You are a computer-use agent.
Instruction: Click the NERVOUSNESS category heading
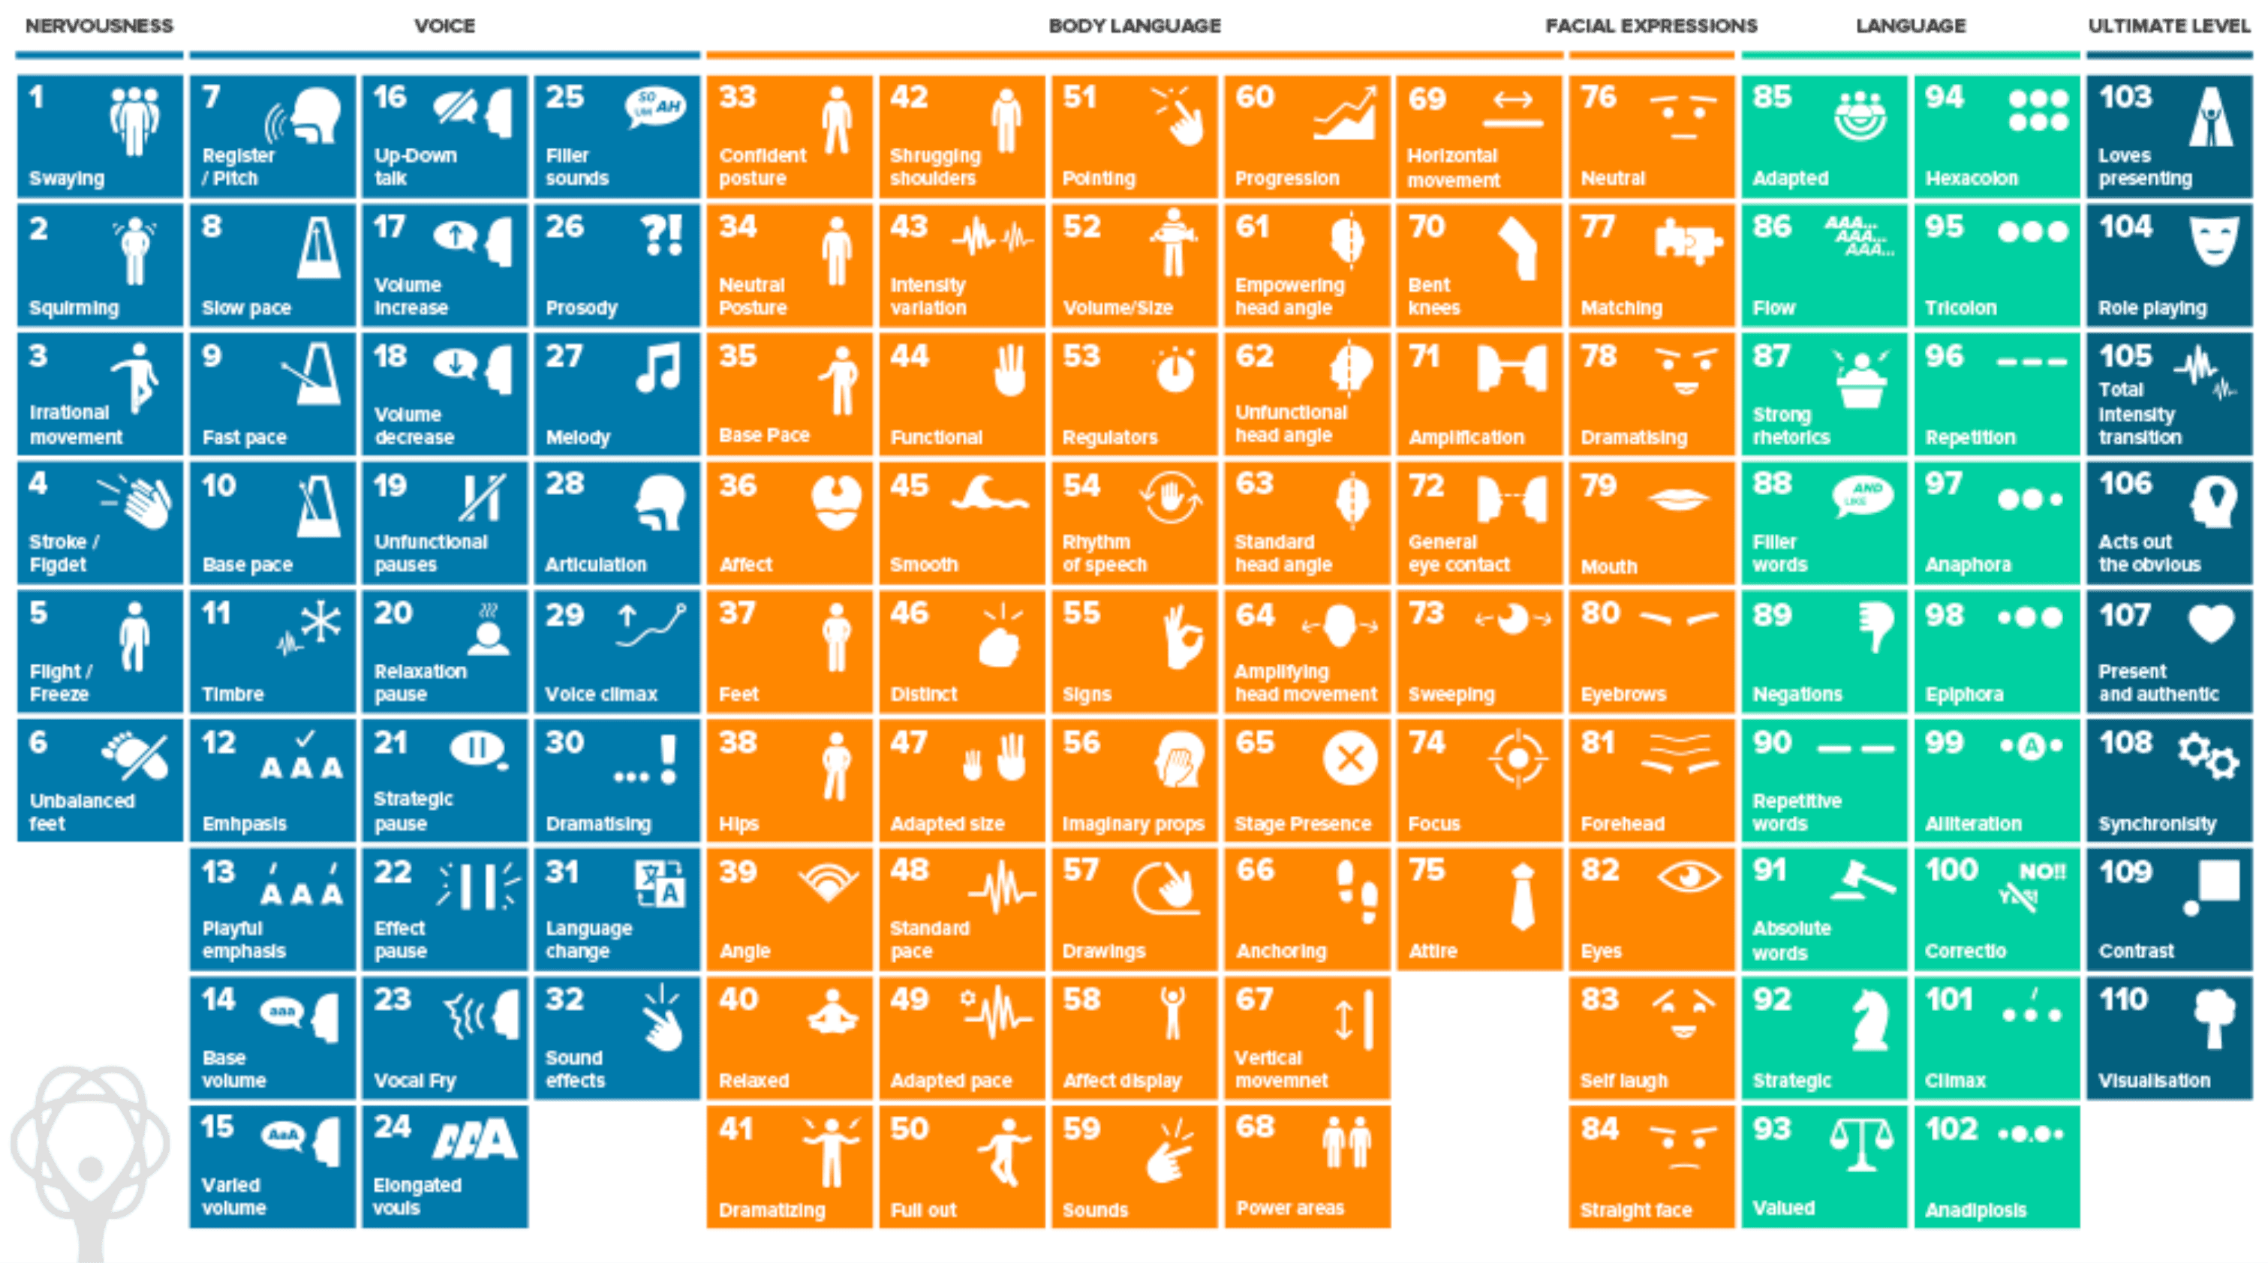coord(98,25)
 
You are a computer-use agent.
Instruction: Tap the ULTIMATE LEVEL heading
coord(2168,25)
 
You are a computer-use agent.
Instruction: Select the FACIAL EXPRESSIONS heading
coord(1651,25)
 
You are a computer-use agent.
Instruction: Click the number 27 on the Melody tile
coord(564,356)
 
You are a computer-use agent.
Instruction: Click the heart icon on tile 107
coord(2211,623)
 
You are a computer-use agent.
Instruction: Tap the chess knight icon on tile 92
coord(1868,1019)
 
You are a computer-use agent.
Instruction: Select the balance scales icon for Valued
coord(1861,1145)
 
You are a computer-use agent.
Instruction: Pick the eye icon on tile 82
coord(1688,877)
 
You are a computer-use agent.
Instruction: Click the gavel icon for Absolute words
coord(1862,881)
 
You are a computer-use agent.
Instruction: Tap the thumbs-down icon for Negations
coord(1875,625)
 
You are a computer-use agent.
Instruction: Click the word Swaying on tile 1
coord(67,178)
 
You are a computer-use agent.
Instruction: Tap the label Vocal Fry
coord(415,1080)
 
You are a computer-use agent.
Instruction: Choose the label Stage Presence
coord(1302,823)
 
